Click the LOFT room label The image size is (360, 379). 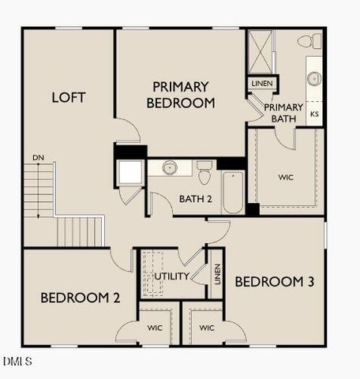click(x=69, y=98)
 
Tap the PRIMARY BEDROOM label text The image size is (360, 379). click(x=181, y=94)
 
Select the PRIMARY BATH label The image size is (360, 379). click(x=283, y=113)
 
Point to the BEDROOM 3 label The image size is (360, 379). click(x=269, y=282)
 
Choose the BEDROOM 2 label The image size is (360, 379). click(x=80, y=298)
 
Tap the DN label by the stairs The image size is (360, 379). click(x=38, y=158)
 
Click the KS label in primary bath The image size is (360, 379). click(x=314, y=114)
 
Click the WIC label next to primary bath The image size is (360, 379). click(x=286, y=177)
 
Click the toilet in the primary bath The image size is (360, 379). click(x=309, y=41)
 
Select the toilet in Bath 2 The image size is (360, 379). click(x=204, y=173)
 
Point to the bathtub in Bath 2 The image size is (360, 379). click(x=233, y=193)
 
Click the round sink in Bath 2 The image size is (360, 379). click(x=170, y=168)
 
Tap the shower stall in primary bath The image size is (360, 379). click(x=260, y=51)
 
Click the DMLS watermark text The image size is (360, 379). click(x=17, y=362)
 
